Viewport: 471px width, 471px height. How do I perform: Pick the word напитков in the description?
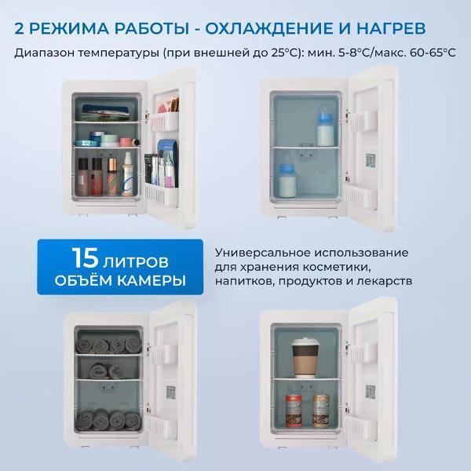point(244,280)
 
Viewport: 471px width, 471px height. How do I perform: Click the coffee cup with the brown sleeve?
point(304,357)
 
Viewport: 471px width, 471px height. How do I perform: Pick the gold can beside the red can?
point(320,411)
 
